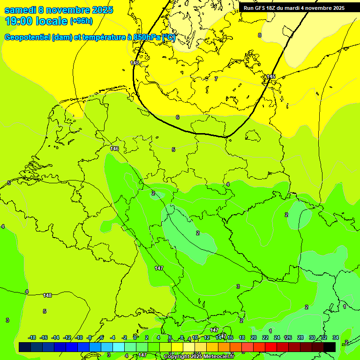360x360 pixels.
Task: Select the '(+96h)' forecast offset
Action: (x=81, y=21)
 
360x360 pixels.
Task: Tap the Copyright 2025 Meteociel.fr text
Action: (x=199, y=356)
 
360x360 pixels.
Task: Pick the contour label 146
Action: (x=114, y=149)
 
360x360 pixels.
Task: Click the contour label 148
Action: (x=47, y=295)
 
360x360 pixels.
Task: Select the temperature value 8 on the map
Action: (x=260, y=35)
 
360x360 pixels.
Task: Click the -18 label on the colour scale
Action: (x=32, y=337)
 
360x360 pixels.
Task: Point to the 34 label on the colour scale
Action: (x=335, y=337)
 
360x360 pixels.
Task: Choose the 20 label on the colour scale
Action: (x=254, y=337)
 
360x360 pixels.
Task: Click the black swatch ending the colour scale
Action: (x=330, y=347)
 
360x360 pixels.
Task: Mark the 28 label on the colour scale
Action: (x=300, y=337)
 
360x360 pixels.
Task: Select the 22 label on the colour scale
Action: (x=265, y=337)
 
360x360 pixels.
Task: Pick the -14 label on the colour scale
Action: (x=55, y=337)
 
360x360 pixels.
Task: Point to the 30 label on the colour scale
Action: (x=312, y=337)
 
